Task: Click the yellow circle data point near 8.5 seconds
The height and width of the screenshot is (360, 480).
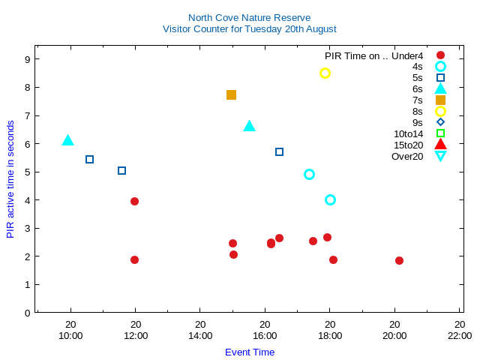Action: coord(325,73)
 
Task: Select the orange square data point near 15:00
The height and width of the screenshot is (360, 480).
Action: coord(231,94)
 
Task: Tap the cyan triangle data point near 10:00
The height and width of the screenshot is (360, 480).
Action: coord(67,140)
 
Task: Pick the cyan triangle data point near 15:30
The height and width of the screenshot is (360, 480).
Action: coord(250,126)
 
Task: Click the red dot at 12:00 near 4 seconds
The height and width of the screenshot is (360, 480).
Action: coord(134,201)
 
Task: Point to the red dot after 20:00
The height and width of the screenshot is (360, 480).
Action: coord(399,260)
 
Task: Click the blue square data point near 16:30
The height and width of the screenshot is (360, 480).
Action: coord(279,151)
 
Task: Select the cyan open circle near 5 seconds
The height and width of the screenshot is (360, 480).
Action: coord(309,174)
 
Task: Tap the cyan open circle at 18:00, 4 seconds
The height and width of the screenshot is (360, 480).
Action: coord(330,199)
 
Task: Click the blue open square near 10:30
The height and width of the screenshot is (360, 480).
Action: coord(89,159)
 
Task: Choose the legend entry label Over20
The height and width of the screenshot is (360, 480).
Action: coord(407,156)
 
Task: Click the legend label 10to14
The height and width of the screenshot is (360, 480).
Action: coord(408,133)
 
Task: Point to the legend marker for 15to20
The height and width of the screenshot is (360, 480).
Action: coord(440,144)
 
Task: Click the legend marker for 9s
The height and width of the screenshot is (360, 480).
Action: coord(440,122)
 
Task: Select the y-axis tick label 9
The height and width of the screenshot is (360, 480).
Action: coord(27,59)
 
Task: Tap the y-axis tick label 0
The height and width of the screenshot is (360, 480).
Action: coord(27,313)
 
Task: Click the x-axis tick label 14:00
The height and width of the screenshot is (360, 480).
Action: coord(200,335)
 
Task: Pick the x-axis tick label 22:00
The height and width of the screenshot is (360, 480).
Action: coord(459,335)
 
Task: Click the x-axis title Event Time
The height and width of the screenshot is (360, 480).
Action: coord(250,352)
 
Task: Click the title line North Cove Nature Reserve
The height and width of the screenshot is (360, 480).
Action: coord(249,17)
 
